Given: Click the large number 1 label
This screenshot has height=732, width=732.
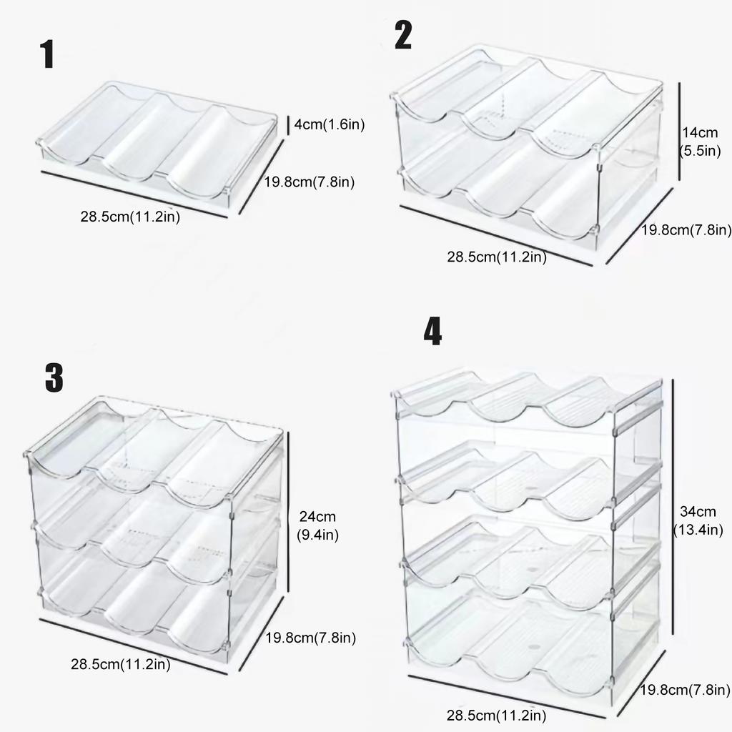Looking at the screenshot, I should click(x=48, y=55).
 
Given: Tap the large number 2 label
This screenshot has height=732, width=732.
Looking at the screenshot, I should click(x=403, y=36).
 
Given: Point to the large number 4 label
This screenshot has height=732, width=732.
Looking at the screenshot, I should click(x=432, y=332).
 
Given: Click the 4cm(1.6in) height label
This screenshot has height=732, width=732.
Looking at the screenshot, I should click(x=330, y=125).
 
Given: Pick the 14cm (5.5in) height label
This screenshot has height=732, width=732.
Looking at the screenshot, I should click(x=700, y=142).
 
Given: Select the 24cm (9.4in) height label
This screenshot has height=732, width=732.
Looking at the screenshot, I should click(x=318, y=525).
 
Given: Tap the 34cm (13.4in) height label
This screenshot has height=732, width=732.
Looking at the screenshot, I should click(x=698, y=520).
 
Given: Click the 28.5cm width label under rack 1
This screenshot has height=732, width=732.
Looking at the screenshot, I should click(x=129, y=217).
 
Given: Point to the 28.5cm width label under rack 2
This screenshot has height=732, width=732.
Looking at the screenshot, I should click(x=497, y=257).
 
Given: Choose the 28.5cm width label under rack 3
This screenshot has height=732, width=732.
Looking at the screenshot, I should click(x=120, y=664).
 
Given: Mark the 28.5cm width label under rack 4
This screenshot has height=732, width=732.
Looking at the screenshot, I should click(x=497, y=715).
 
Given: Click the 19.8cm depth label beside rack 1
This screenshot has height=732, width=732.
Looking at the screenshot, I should click(x=310, y=182).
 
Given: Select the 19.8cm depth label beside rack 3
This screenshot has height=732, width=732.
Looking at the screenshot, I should click(x=311, y=637).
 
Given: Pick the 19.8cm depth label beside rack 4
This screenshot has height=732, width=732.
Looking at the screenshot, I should click(x=685, y=690).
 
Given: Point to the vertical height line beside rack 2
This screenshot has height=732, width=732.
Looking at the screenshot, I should click(x=678, y=132).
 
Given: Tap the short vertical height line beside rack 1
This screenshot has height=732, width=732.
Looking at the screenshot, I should click(x=287, y=124).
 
